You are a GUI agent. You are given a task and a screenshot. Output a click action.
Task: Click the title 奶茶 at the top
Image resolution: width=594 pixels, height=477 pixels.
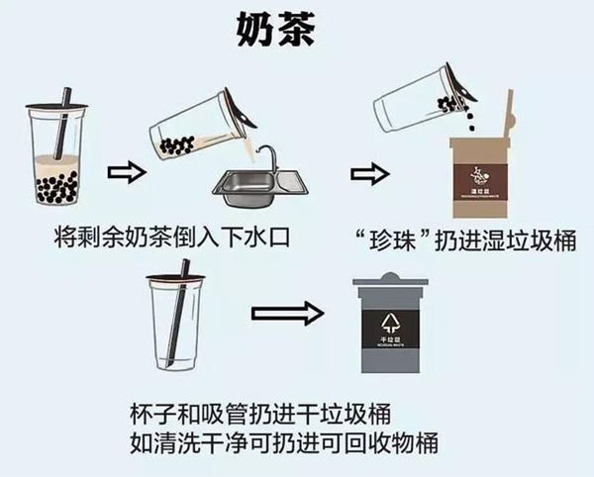(x=276, y=31)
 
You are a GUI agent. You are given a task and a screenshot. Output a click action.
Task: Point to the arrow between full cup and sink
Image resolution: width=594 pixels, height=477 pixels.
(x=122, y=172)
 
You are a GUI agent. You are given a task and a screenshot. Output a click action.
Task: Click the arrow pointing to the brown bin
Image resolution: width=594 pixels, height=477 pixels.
(x=368, y=174)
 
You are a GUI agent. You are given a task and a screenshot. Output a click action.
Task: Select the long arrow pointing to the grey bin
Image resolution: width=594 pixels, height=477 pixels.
(x=287, y=315)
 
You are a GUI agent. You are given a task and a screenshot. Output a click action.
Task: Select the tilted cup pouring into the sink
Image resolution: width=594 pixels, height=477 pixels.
(x=198, y=124)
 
